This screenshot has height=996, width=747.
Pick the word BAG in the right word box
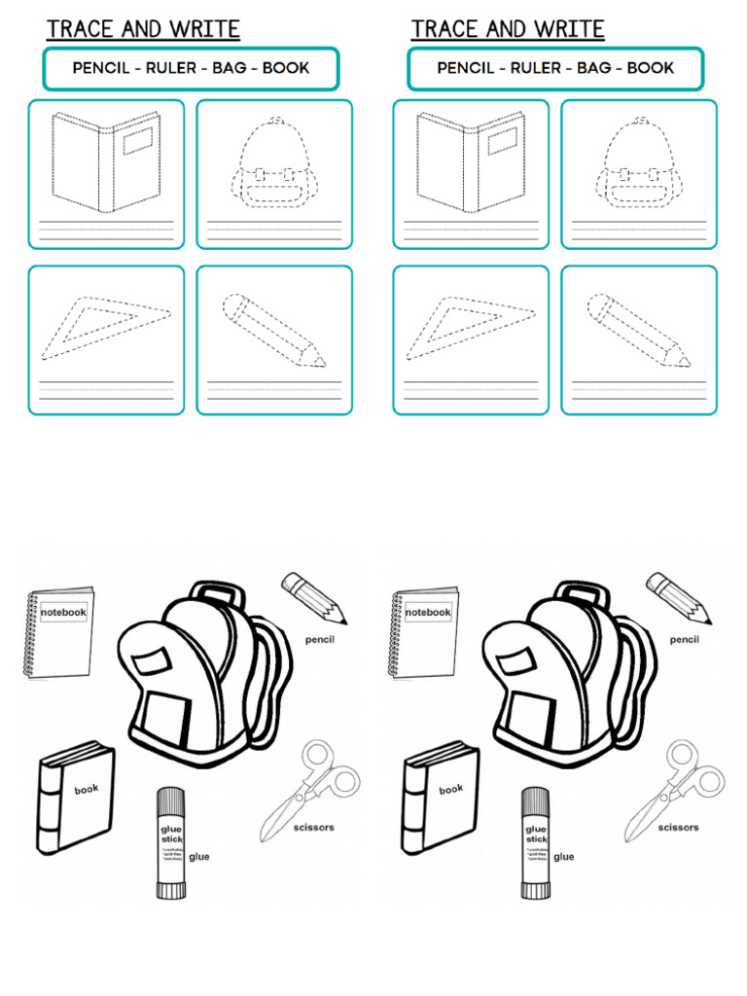593,69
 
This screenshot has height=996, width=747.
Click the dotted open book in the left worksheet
106,161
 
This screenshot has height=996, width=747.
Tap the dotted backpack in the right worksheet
639,165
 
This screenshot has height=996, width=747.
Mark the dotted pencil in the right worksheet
638,331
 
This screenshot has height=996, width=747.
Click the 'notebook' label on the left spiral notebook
64,613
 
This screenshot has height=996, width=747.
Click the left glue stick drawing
170,842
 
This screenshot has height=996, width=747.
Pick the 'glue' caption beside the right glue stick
564,857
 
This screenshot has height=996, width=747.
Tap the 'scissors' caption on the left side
312,828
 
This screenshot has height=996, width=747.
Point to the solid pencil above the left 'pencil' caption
313,596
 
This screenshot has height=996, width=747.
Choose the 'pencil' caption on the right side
685,640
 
